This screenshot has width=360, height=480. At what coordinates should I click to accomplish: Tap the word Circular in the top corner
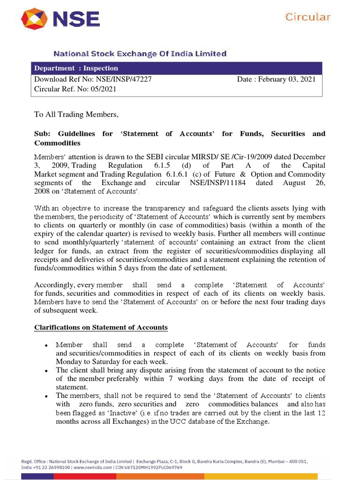308,17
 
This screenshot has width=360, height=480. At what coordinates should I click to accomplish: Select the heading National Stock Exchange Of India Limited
140,54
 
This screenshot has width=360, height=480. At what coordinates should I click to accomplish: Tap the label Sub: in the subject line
42,134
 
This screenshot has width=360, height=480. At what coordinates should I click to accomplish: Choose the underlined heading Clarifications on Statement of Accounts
101,327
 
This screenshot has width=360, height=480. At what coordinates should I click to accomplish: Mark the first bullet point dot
46,345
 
